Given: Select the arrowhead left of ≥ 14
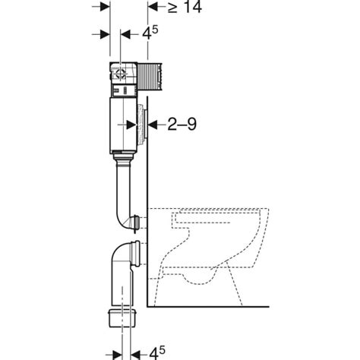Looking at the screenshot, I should [150, 8].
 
